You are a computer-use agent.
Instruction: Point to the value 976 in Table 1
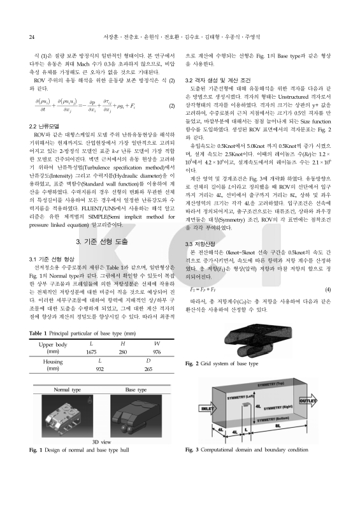click(x=157, y=353)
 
